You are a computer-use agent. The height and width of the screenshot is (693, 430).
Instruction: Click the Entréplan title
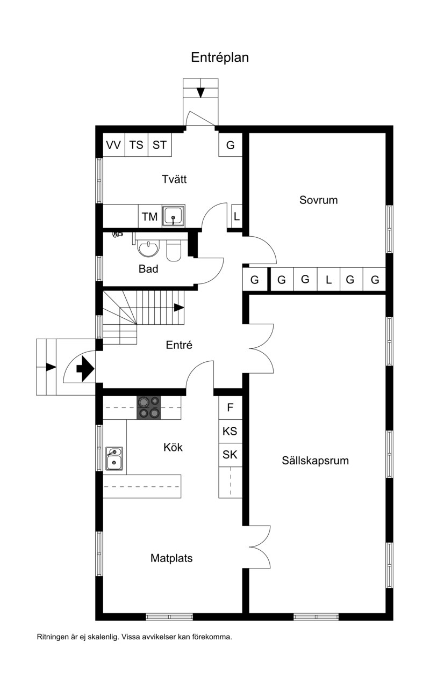(x=220, y=57)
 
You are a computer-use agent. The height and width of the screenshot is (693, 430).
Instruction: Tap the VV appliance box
(x=114, y=145)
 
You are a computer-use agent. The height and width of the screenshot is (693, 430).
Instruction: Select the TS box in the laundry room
(x=137, y=145)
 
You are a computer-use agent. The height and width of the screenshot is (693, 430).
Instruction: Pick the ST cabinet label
(x=160, y=145)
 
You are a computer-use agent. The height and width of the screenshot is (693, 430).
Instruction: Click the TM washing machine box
(x=150, y=216)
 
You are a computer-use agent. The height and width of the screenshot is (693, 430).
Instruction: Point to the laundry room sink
(x=174, y=216)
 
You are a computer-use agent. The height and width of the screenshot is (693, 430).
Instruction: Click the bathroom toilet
(x=174, y=250)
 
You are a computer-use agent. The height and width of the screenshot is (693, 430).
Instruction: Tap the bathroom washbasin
(x=148, y=249)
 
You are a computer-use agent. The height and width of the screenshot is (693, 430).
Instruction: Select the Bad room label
(x=148, y=269)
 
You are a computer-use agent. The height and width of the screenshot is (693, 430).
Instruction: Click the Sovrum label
(x=319, y=200)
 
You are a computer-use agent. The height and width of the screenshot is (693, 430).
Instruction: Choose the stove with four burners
(x=149, y=408)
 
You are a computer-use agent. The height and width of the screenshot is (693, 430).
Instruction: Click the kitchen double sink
(x=114, y=458)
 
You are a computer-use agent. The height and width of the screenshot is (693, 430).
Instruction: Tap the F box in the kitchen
(x=230, y=407)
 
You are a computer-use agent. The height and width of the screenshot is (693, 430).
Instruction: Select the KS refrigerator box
(x=230, y=431)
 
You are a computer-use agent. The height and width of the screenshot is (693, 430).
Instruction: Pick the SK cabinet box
(x=230, y=455)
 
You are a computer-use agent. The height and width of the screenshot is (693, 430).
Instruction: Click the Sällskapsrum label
(x=316, y=461)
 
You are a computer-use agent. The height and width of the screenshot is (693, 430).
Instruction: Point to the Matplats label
(x=171, y=558)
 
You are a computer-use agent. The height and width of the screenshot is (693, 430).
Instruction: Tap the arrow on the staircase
(x=179, y=308)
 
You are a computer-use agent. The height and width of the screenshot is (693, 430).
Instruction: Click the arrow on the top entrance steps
(x=200, y=93)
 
